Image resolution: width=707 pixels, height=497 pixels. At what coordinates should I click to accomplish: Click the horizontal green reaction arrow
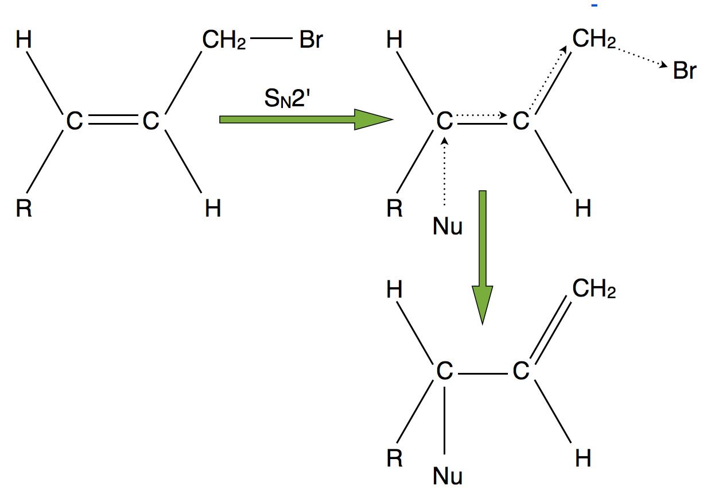306,120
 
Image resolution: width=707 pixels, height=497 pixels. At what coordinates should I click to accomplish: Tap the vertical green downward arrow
482,257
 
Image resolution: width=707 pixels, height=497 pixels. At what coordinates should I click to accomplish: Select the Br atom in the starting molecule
311,40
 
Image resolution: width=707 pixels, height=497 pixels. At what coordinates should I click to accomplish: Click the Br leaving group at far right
685,71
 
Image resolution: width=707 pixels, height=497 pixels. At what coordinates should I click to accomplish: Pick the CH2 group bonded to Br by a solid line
224,40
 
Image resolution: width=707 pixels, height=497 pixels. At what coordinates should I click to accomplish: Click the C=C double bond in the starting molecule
113,120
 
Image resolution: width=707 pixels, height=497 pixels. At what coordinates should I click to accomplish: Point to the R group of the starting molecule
24,209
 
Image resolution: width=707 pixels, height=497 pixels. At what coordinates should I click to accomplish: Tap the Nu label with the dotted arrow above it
447,226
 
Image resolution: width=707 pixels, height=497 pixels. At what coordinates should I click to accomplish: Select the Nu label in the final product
447,476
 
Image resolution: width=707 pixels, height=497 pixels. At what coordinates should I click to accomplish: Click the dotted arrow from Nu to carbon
444,171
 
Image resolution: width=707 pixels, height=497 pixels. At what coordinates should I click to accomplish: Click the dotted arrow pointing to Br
642,57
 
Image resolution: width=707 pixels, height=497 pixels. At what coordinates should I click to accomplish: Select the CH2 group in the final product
594,288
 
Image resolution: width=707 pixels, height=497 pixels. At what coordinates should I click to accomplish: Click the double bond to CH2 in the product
551,330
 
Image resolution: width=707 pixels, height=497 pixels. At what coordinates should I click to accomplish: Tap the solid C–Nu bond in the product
444,421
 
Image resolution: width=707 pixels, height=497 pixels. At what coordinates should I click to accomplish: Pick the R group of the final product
395,458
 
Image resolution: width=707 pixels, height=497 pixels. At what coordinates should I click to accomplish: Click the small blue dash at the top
595,5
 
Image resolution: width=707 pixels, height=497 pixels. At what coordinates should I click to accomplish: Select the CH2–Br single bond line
271,38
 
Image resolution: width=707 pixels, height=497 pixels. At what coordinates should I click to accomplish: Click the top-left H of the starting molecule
24,40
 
